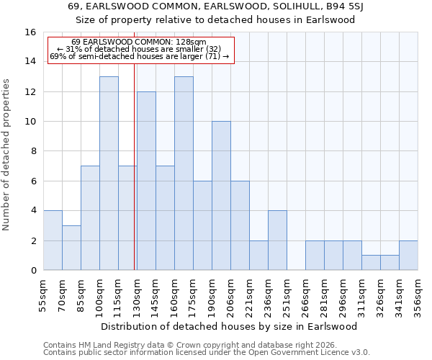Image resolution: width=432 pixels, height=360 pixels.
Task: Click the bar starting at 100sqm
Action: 109,174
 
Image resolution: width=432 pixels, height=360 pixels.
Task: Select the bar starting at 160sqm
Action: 184,174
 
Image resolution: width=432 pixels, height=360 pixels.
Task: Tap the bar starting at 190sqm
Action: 221,196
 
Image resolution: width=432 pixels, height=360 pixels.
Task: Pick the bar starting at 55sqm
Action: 53,240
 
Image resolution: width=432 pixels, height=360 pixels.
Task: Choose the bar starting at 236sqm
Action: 277,240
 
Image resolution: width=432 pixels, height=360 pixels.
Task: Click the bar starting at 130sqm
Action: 146,181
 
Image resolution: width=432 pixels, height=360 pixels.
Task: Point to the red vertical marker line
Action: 135,166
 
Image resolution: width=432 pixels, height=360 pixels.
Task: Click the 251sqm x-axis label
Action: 287,294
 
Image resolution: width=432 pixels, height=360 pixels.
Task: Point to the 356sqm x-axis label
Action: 418,294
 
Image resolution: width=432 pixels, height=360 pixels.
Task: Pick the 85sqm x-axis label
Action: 81,293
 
